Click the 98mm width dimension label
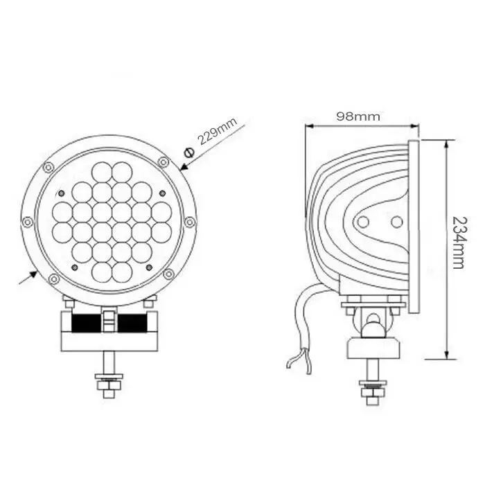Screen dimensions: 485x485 coord(358,116)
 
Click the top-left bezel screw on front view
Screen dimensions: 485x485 coord(47,168)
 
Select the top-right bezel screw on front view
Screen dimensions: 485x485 coord(163,161)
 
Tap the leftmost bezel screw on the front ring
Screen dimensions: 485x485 coord(27,222)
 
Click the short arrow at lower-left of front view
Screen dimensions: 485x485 coord(28,276)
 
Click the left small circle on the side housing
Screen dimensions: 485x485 coord(362,222)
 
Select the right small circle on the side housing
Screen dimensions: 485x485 coord(396,222)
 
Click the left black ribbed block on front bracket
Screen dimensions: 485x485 coord(83,323)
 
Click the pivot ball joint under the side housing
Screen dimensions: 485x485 coord(373,321)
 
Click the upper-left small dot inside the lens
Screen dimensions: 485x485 coord(62,192)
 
